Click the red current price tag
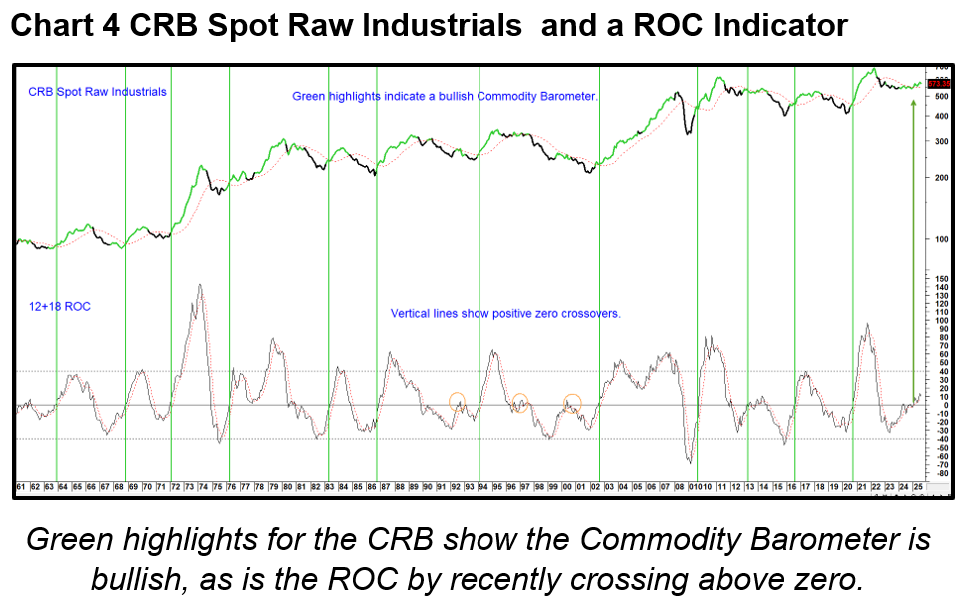[938, 82]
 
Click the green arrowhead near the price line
[913, 104]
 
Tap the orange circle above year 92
[457, 402]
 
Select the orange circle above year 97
[519, 402]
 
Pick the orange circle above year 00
[571, 403]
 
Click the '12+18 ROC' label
[60, 307]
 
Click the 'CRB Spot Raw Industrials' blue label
[97, 92]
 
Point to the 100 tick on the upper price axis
[940, 239]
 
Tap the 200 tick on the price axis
[940, 177]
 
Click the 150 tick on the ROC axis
[940, 277]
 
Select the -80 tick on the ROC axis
[940, 472]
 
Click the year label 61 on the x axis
[20, 487]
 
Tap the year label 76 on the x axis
[230, 487]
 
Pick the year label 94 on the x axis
[481, 487]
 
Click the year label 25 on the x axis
[916, 487]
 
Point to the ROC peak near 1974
[201, 285]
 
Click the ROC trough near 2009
[690, 461]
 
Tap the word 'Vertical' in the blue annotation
[411, 313]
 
